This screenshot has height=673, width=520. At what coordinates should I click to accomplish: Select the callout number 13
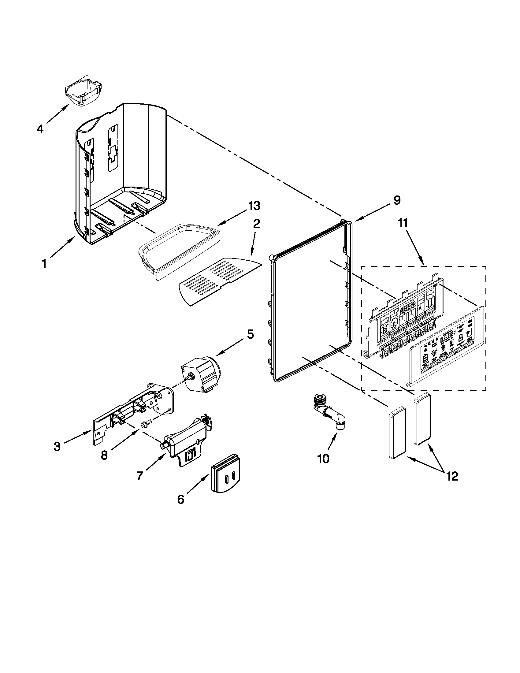253,206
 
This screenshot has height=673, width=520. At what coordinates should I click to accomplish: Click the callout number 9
397,200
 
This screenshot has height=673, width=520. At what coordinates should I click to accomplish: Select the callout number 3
57,447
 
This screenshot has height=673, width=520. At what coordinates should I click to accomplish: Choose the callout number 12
452,476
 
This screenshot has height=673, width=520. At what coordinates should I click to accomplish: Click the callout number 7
139,476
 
